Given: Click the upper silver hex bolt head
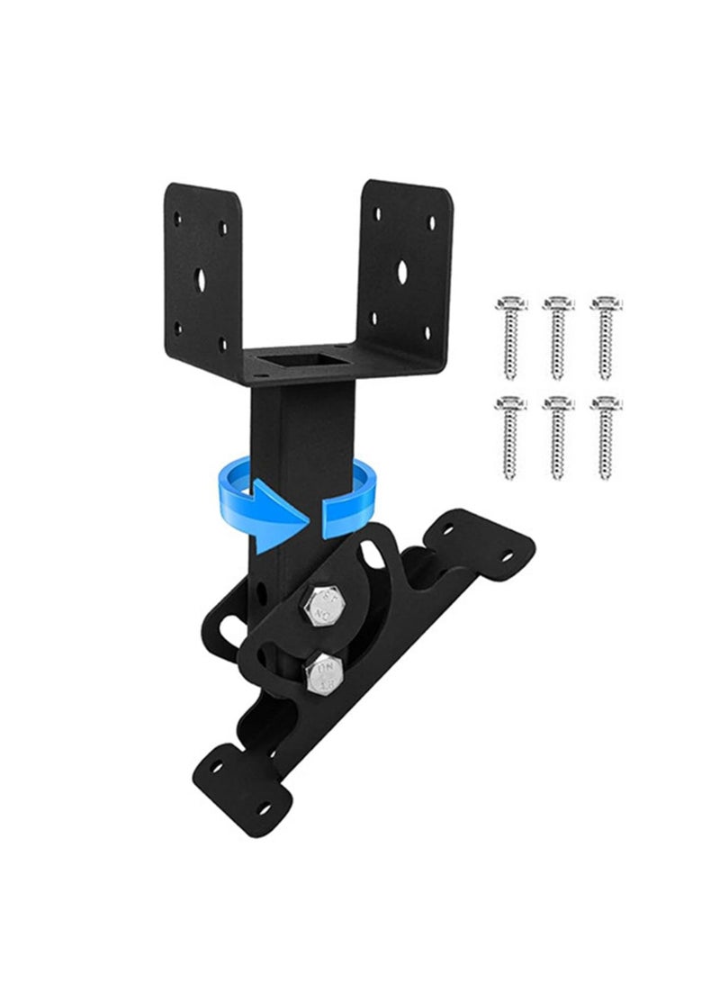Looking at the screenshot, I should click(x=321, y=606).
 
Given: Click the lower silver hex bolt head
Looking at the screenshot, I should click(x=322, y=672).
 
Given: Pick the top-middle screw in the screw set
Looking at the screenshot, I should click(x=555, y=338).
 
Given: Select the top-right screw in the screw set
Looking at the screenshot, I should click(x=604, y=338).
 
